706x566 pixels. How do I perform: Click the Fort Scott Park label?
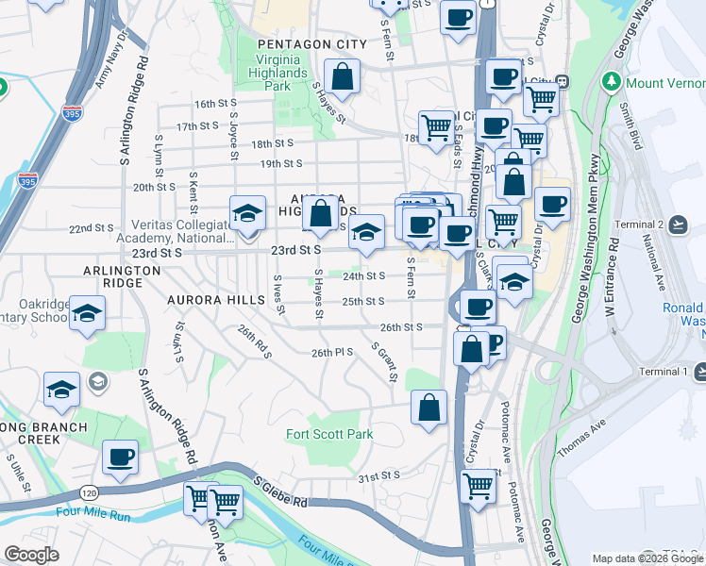(329, 434)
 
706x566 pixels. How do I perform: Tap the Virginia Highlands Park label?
(277, 72)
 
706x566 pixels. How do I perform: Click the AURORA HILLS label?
(216, 299)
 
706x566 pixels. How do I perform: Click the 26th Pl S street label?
(331, 352)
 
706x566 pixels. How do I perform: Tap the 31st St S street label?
(378, 475)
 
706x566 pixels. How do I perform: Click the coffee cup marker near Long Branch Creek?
(120, 457)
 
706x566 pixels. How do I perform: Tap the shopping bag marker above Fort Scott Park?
(429, 408)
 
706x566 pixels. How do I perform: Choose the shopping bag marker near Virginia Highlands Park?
(343, 76)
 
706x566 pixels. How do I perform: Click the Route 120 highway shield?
(89, 492)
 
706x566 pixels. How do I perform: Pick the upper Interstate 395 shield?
(72, 113)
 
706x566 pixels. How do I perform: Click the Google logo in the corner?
(31, 555)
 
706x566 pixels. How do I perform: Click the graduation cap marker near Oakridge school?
(87, 313)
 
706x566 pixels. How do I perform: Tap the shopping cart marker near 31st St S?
(479, 486)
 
